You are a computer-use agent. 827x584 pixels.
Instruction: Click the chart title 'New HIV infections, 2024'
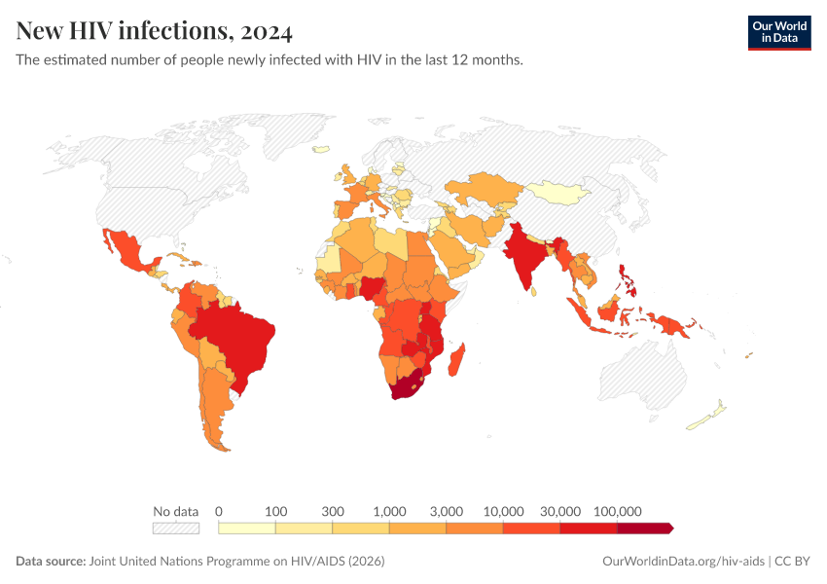[154, 32]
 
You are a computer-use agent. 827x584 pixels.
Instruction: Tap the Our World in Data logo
[778, 32]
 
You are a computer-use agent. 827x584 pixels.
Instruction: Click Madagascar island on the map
[460, 355]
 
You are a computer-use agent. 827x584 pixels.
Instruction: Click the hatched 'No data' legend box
[175, 528]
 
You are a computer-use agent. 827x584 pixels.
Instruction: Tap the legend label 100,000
[617, 511]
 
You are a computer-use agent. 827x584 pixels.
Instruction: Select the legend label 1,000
[389, 511]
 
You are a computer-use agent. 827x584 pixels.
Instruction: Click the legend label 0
[219, 511]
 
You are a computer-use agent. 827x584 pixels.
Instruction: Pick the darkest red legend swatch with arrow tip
[644, 528]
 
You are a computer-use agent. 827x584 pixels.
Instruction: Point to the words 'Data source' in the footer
[51, 562]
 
